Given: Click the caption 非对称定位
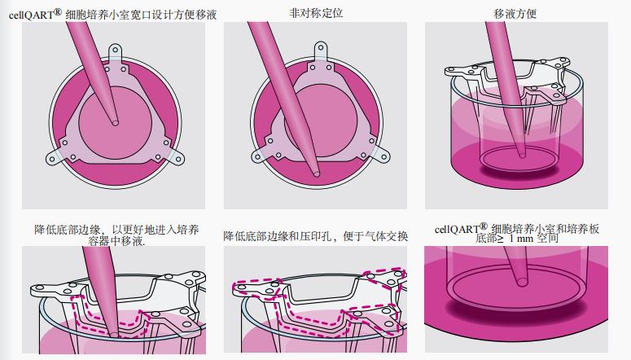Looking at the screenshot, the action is [316, 13].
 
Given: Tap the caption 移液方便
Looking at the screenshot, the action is [515, 14].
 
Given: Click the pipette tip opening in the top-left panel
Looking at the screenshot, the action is [115, 122].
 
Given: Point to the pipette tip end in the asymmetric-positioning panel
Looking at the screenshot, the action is [316, 173].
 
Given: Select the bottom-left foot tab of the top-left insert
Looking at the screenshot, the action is [55, 157].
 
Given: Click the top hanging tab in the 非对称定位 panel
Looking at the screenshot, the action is [321, 52].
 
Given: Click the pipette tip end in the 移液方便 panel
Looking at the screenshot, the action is [523, 155].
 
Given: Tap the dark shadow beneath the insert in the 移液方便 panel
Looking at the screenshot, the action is [519, 171].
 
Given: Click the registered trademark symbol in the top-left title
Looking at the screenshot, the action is [58, 12].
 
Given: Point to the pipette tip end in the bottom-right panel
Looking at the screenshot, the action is [522, 282].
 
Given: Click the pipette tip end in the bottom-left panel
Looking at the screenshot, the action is [114, 334].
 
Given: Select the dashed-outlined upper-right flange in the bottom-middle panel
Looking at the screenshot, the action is [384, 278].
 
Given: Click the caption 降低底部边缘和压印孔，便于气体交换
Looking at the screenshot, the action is [316, 236].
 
